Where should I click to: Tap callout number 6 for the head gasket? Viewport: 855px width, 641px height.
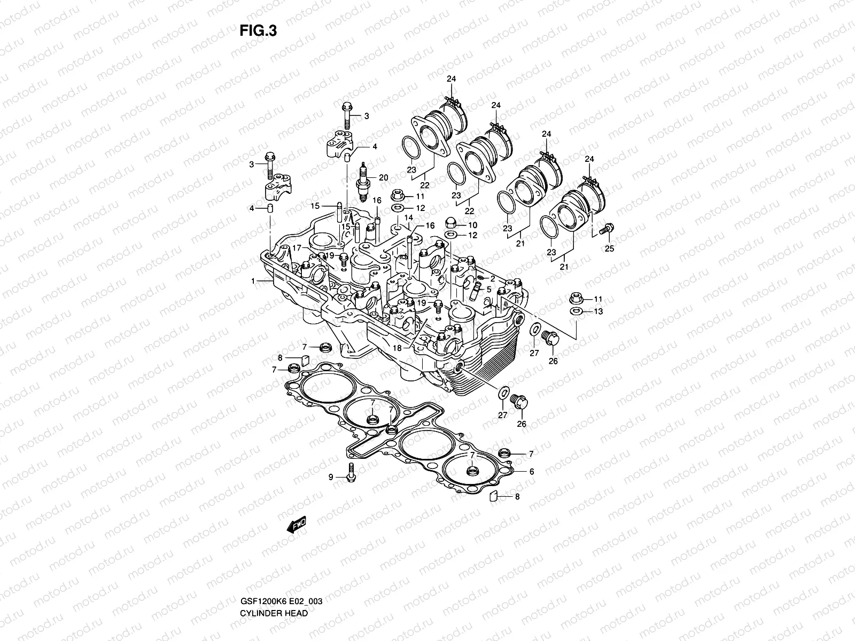point(532,472)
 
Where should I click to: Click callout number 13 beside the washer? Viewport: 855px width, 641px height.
point(598,311)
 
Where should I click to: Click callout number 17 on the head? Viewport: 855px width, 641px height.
point(297,247)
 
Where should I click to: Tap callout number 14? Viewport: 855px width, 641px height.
point(409,217)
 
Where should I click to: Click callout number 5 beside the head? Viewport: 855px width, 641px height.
point(488,289)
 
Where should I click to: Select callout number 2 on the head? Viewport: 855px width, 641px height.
point(493,278)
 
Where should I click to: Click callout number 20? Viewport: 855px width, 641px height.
point(384,177)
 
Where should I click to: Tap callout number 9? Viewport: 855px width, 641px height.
point(331,477)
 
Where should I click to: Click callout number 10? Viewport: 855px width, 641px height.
point(473,225)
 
